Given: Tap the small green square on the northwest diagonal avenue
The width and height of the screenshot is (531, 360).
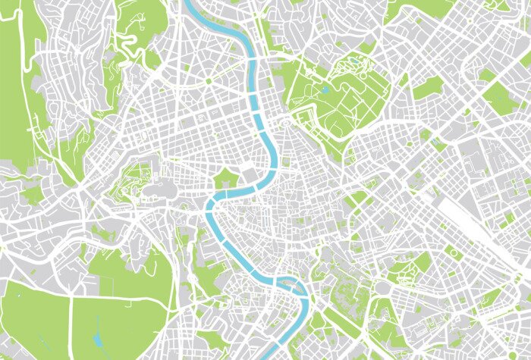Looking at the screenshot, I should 207,80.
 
